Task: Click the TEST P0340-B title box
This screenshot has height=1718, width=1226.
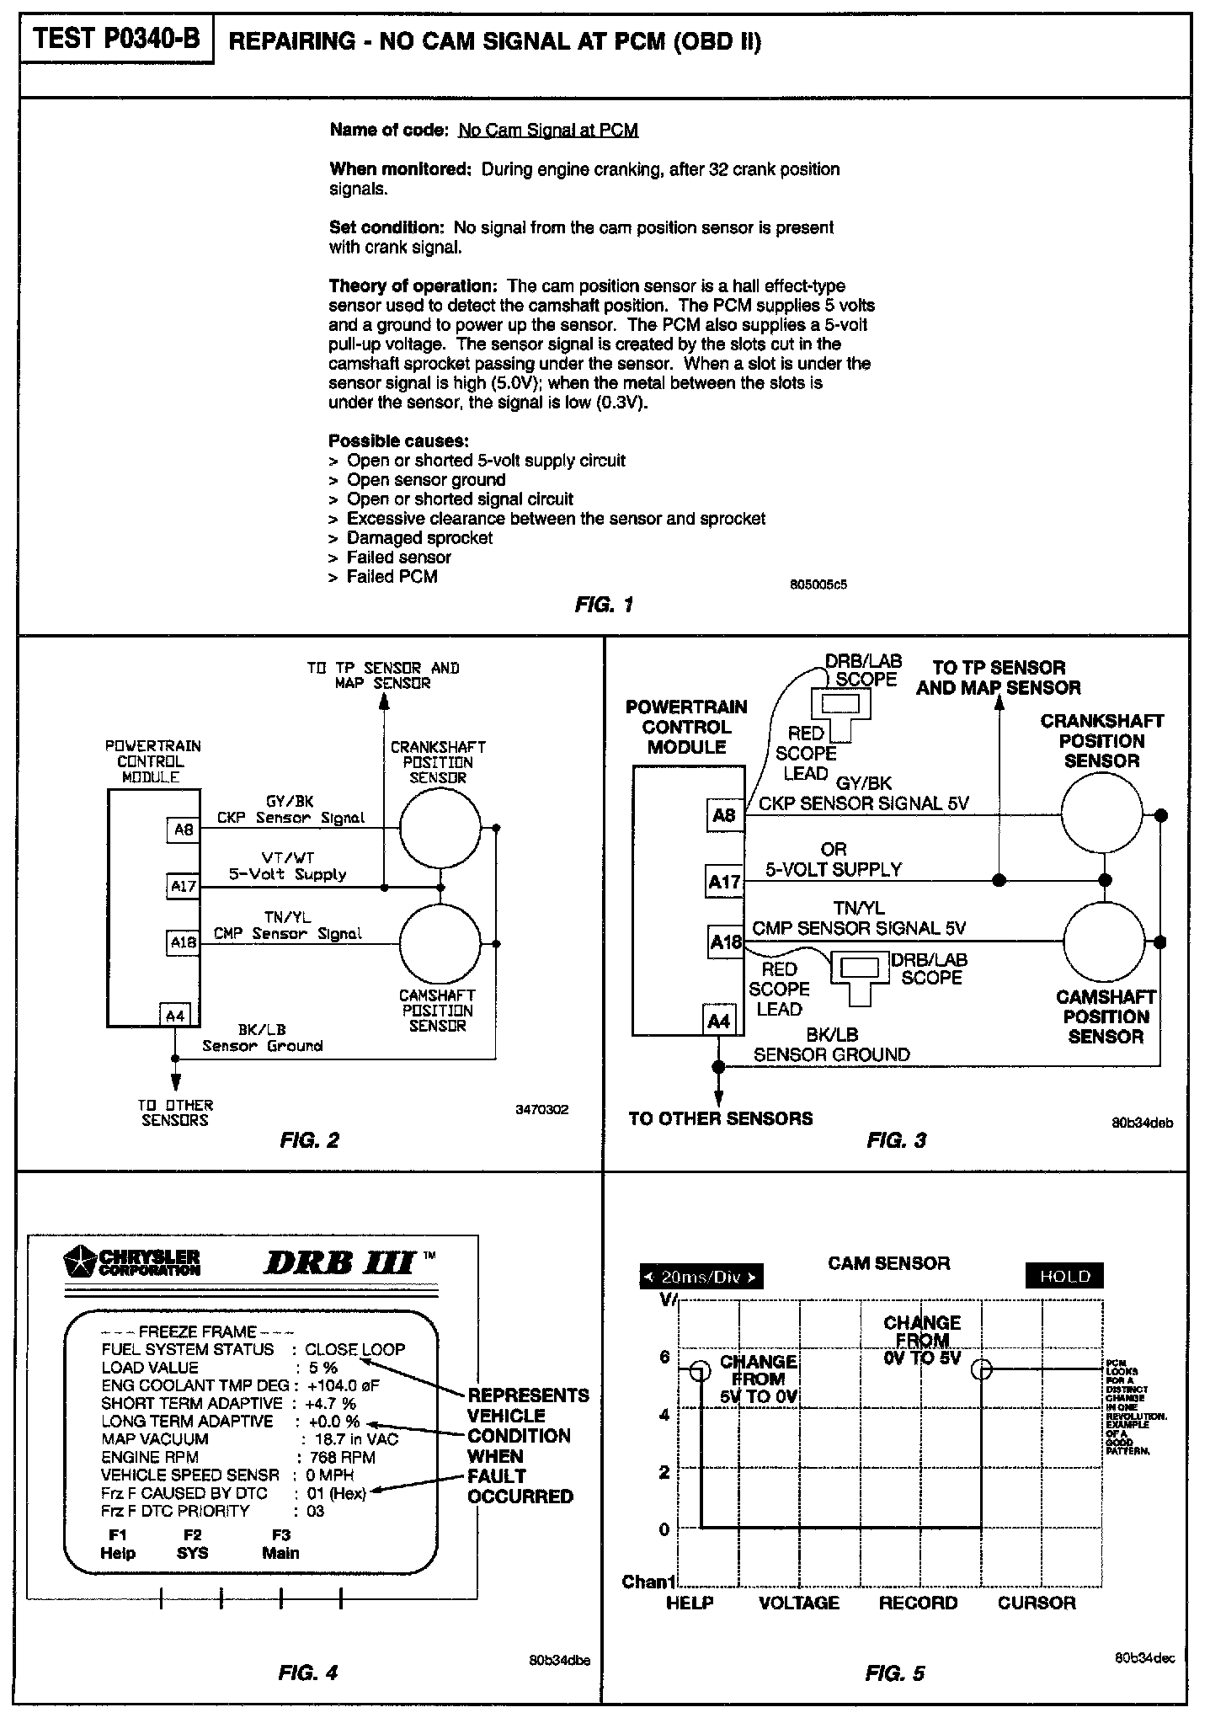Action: pyautogui.click(x=116, y=40)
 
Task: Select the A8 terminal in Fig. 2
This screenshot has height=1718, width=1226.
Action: pyautogui.click(x=183, y=830)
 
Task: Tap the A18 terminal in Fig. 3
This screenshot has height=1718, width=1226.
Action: pyautogui.click(x=725, y=942)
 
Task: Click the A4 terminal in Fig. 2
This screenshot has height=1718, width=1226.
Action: pyautogui.click(x=176, y=1016)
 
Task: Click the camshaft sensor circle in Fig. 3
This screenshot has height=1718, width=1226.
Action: pyautogui.click(x=1104, y=942)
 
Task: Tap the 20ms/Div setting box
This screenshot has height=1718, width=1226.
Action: pyautogui.click(x=701, y=1277)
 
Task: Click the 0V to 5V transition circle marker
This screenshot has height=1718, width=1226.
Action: pyautogui.click(x=982, y=1370)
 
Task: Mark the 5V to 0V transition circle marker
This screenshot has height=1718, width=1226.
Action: pyautogui.click(x=700, y=1371)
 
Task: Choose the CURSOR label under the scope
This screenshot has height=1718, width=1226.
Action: pyautogui.click(x=1037, y=1603)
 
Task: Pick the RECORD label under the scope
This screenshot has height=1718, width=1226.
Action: pyautogui.click(x=918, y=1603)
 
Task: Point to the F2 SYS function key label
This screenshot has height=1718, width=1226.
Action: pyautogui.click(x=193, y=1544)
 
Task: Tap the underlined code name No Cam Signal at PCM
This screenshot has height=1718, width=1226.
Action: pyautogui.click(x=548, y=130)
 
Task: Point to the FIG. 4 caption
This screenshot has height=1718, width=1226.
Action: pyautogui.click(x=307, y=1673)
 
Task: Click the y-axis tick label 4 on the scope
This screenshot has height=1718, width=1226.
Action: pyautogui.click(x=664, y=1415)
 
